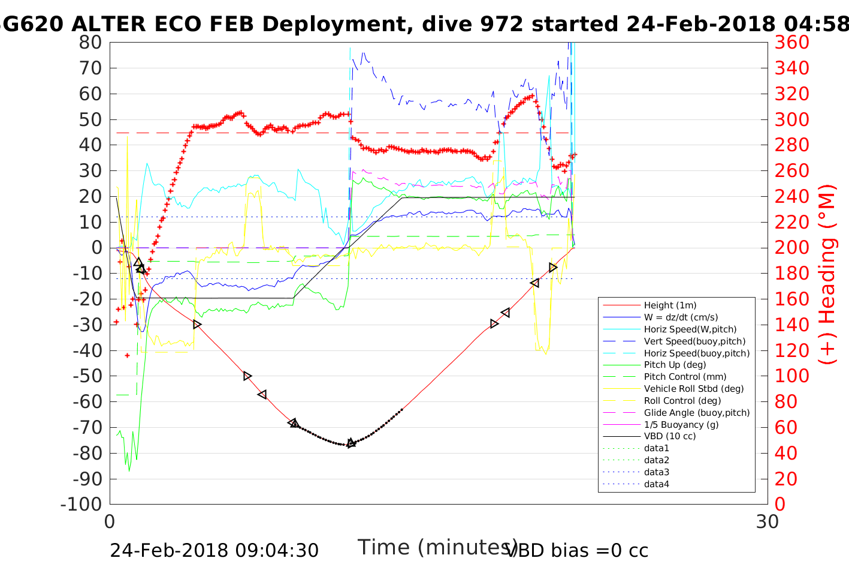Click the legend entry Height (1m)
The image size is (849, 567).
tap(670, 305)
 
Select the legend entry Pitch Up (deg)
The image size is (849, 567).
tap(675, 365)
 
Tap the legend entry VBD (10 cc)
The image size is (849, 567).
tap(669, 436)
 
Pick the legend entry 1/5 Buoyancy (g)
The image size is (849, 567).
tap(681, 424)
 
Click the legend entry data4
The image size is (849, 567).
tap(656, 484)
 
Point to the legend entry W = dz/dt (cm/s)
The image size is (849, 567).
tap(681, 317)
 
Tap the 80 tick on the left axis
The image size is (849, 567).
tap(90, 43)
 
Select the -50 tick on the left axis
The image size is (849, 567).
tap(87, 376)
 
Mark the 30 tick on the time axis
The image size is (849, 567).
tap(768, 521)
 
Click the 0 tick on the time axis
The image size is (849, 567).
tap(110, 521)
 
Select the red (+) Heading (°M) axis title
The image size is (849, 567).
tap(827, 274)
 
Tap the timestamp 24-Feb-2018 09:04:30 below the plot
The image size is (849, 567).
tap(214, 550)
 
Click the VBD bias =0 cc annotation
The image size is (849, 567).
tap(577, 550)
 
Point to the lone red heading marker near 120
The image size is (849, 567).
tap(127, 356)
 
